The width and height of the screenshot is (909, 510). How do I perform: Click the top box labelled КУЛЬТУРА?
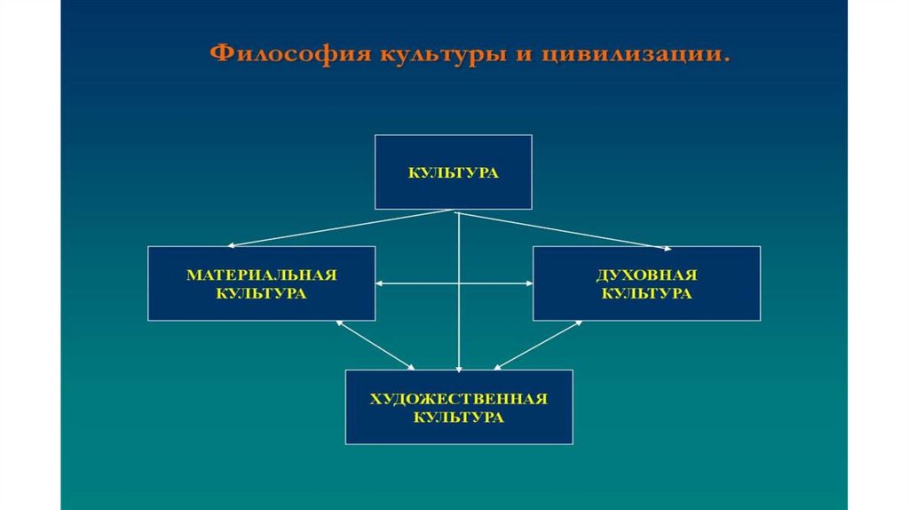pos(453,172)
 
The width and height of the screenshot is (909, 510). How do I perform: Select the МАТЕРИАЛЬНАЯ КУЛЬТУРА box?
pos(261,283)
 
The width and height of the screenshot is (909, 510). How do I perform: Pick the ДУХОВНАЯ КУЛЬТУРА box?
pos(646,283)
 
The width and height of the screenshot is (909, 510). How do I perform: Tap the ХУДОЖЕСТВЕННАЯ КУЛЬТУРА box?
pos(458,407)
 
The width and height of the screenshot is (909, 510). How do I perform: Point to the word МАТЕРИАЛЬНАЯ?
pos(261,275)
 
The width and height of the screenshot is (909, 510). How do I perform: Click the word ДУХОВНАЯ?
pos(646,275)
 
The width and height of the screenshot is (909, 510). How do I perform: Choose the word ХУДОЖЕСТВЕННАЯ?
pos(458,399)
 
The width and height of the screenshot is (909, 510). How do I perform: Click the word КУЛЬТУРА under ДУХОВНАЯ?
pos(646,293)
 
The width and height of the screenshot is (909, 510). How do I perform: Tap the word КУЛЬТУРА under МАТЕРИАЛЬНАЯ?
pos(261,293)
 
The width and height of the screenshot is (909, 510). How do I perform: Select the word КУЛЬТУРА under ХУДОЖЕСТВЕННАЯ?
pos(458,418)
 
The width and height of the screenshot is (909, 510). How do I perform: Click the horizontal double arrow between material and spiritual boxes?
pos(454,283)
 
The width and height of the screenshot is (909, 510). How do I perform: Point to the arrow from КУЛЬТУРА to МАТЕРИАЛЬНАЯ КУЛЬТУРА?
pos(342,228)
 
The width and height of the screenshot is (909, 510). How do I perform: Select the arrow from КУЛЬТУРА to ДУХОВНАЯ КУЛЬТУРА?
pos(565,229)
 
